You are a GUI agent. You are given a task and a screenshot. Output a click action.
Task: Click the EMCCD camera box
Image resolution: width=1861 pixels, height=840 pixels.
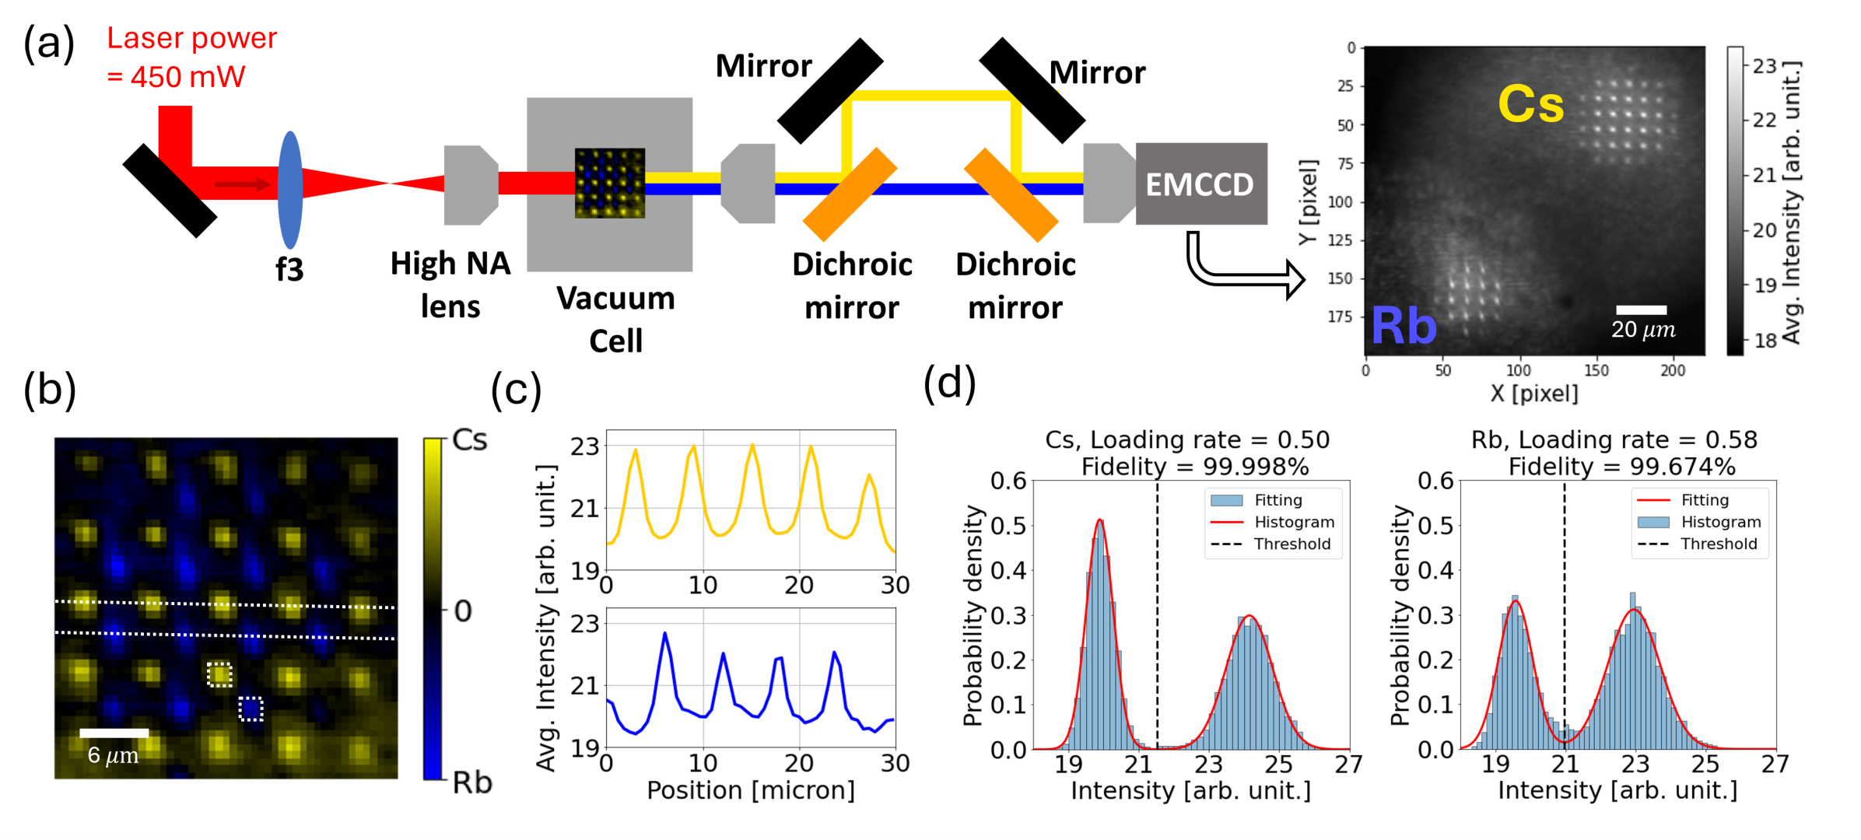pos(1200,184)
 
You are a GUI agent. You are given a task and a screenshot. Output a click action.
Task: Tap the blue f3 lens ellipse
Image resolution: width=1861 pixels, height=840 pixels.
pos(290,190)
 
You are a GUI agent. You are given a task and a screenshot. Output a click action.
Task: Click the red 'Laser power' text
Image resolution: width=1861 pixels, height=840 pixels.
pos(191,38)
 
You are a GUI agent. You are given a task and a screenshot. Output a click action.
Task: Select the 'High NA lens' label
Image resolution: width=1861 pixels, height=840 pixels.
pos(450,285)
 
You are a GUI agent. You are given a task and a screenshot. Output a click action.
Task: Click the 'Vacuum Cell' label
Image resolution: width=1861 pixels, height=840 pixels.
pos(615,319)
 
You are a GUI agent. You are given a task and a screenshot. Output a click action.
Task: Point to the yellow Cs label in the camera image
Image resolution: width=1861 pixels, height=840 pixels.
pos(1530,104)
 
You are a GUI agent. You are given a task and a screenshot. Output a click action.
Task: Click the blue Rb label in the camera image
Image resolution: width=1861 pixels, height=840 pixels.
pos(1403,325)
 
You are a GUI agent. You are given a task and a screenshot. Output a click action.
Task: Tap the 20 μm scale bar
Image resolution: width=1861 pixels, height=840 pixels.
pos(1641,310)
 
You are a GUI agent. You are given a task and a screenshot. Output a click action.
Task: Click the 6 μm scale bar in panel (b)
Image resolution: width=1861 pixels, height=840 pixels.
pos(114,733)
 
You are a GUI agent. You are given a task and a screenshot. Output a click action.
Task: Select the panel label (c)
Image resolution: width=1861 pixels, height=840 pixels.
pos(516,389)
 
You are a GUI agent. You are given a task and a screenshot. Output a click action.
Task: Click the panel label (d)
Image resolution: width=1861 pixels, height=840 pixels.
pos(949,383)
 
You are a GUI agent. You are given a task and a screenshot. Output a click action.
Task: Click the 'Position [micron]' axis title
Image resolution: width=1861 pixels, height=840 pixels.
pos(751,790)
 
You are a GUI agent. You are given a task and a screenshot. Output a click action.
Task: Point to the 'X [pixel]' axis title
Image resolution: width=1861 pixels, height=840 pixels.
pos(1534,394)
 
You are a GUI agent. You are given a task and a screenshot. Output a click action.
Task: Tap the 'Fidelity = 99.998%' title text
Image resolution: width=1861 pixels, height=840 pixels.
pos(1195,467)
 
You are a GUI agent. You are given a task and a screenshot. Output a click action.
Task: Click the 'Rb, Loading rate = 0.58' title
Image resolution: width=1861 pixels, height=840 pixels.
pos(1614,440)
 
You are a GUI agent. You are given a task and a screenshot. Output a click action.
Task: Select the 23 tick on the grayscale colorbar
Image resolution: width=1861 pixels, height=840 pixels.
pos(1765,66)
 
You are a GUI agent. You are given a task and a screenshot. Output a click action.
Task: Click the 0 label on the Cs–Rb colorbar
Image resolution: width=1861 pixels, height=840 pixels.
pos(463,611)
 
